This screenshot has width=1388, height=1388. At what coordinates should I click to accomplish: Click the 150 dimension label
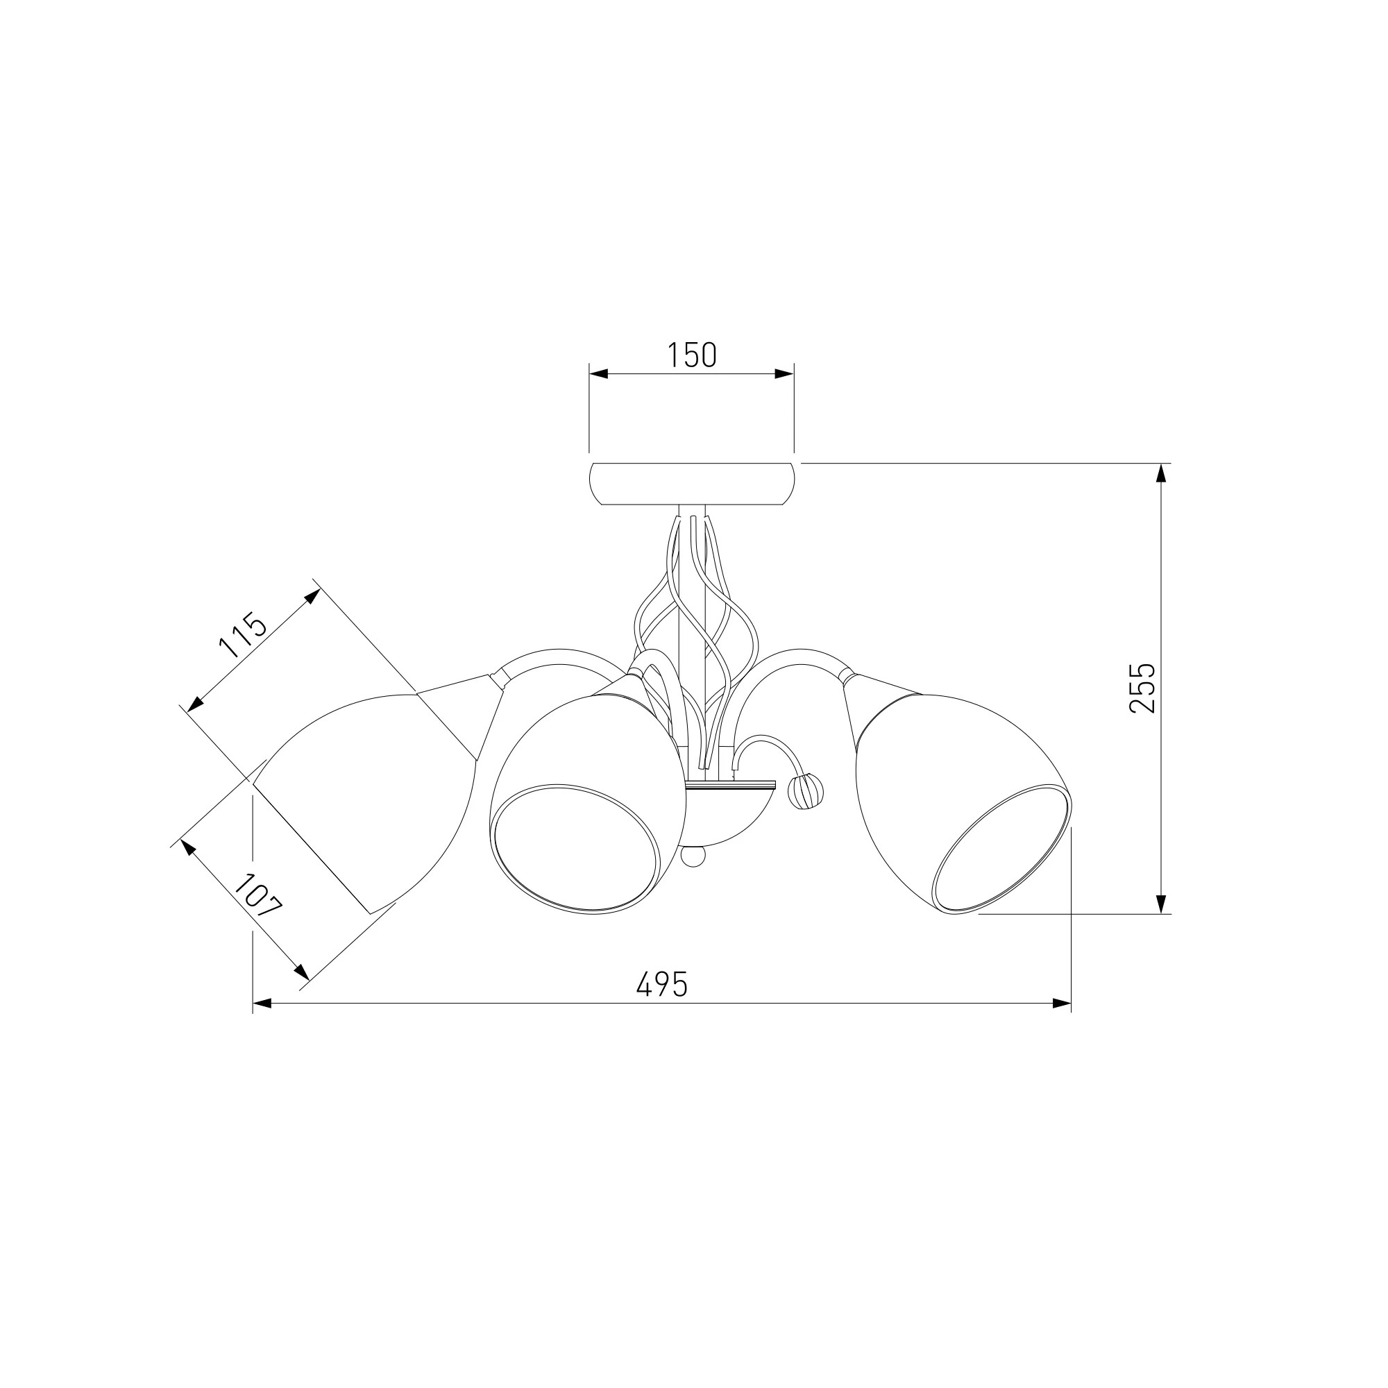point(692,355)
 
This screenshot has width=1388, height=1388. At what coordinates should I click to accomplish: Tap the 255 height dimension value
point(1142,688)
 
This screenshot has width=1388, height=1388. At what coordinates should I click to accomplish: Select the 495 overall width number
point(661,984)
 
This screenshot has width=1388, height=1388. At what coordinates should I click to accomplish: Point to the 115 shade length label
point(243,636)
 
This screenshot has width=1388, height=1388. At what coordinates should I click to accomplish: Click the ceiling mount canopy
point(691,484)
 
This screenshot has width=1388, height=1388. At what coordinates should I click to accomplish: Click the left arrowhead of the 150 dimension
point(598,373)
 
